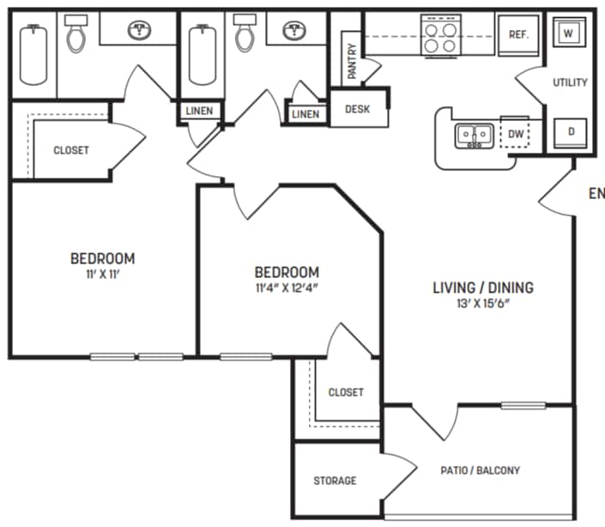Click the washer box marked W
569,33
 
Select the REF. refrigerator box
517,34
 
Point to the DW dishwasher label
516,134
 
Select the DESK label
358,109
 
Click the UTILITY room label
570,82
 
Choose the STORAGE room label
335,481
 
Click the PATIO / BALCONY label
481,470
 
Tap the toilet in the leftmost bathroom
77,34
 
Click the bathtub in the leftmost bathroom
33,53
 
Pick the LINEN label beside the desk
306,114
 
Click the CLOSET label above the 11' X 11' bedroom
71,150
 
